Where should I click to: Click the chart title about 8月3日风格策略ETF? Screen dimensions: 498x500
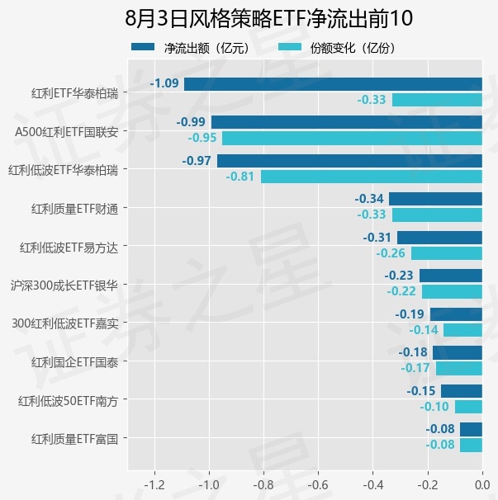[x=268, y=18]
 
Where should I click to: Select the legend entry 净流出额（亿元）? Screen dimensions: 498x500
[x=191, y=48]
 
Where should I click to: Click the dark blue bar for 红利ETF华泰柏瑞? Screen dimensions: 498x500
[x=333, y=84]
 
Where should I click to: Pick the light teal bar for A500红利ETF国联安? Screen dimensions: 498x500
[x=352, y=139]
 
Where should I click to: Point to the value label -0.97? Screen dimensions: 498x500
[x=197, y=161]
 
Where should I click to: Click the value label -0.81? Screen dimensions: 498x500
[x=240, y=177]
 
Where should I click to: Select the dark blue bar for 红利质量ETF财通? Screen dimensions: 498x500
[x=435, y=199]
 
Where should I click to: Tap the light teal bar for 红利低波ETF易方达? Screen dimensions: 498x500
[x=447, y=253]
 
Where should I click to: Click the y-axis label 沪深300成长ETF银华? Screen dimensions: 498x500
[x=64, y=285]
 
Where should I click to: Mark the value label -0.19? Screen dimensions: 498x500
[x=410, y=314]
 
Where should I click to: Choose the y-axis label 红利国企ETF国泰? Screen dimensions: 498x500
[x=74, y=362]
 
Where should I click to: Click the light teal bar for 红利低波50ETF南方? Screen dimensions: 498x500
[x=468, y=407]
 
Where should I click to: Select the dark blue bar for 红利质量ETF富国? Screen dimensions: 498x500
[x=471, y=429]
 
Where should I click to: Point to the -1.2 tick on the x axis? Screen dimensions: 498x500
[x=154, y=485]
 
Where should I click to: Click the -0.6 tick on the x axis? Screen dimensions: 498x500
[x=318, y=485]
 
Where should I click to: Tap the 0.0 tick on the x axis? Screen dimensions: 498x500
[x=482, y=485]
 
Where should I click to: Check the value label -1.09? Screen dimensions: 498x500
[x=164, y=83]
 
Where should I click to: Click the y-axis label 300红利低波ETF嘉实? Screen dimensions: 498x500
[x=65, y=323]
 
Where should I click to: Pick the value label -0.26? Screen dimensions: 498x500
[x=391, y=253]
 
